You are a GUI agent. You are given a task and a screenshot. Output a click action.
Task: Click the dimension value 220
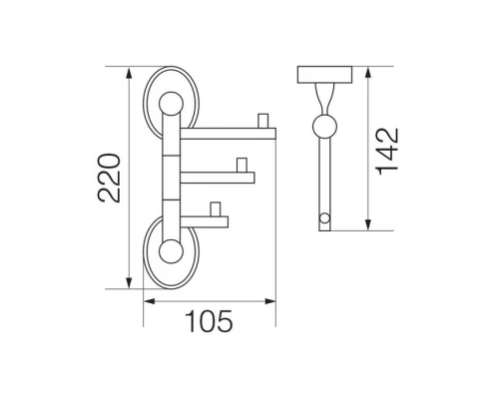(x=109, y=178)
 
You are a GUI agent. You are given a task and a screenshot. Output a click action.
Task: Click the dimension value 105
(x=209, y=321)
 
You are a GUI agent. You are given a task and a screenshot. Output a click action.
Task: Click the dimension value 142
(x=387, y=152)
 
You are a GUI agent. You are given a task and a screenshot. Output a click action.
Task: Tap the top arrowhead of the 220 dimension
(x=129, y=73)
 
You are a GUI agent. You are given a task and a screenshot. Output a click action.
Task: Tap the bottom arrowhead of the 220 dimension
(x=129, y=282)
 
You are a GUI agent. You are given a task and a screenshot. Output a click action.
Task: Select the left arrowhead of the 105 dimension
(x=150, y=301)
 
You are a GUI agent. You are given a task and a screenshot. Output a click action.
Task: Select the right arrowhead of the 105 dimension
(x=269, y=301)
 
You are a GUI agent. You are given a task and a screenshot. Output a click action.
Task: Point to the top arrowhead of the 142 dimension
(x=367, y=73)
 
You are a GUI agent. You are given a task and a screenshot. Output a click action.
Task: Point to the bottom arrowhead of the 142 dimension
(x=367, y=224)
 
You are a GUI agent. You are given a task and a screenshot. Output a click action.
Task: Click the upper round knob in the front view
(x=171, y=104)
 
